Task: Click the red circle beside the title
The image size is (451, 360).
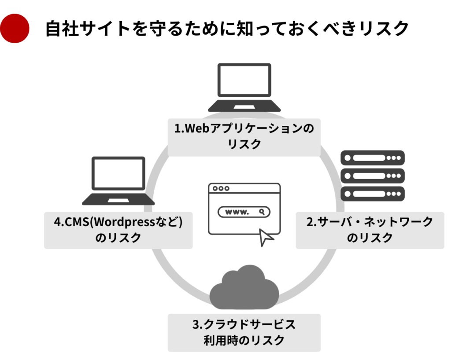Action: point(15,29)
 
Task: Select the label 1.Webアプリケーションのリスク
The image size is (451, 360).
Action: point(244,137)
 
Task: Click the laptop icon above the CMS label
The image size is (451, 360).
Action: point(118,180)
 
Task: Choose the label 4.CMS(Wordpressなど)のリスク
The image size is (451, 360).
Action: point(118,230)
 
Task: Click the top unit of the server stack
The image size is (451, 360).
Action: point(373,158)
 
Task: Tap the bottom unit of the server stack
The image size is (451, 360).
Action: point(373,193)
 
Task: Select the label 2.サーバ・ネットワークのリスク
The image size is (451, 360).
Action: point(370,230)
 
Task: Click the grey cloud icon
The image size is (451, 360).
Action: point(244,286)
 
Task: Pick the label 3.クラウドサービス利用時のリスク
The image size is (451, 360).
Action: point(244,332)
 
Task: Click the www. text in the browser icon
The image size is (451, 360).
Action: point(237,212)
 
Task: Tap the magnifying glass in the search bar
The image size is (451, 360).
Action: point(262,212)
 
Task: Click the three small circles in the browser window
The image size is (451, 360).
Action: point(220,188)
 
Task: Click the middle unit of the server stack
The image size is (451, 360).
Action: point(373,175)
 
